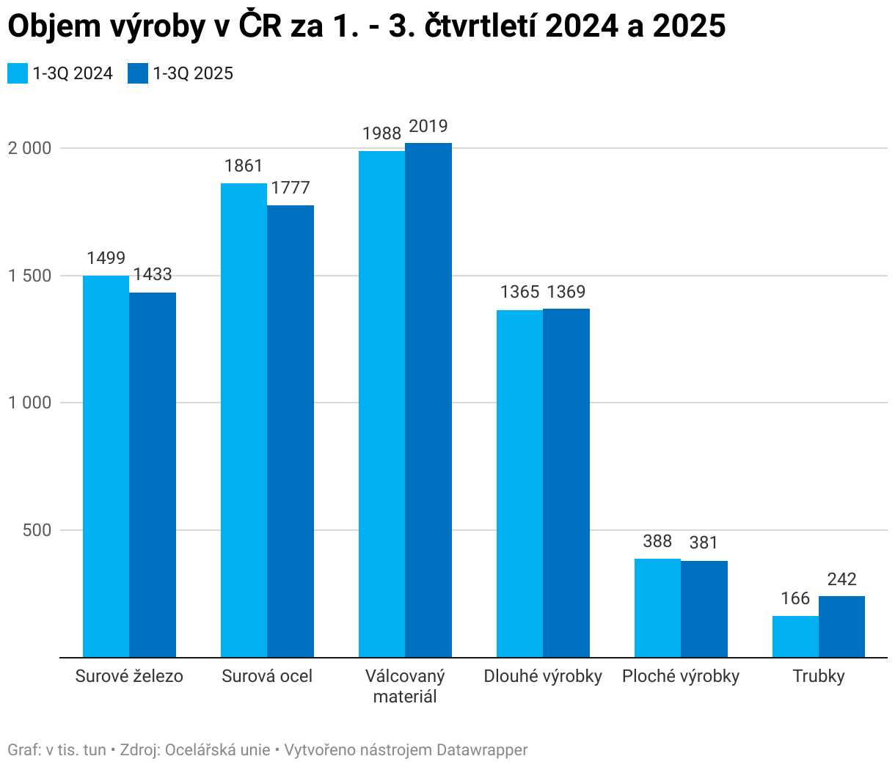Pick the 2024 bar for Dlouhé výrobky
[x=519, y=484]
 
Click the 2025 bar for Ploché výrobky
[x=704, y=609]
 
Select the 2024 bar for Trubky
[x=795, y=636]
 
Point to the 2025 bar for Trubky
[x=841, y=626]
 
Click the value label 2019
[x=428, y=126]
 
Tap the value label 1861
[x=244, y=166]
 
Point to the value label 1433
[x=153, y=274]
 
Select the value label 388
[x=657, y=541]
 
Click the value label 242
[x=841, y=579]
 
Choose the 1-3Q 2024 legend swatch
[x=18, y=73]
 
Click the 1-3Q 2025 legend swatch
[x=138, y=73]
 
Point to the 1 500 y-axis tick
[x=30, y=276]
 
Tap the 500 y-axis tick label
[x=37, y=530]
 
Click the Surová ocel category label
[x=267, y=676]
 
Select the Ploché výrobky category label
[x=681, y=676]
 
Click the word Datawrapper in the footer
[x=482, y=750]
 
